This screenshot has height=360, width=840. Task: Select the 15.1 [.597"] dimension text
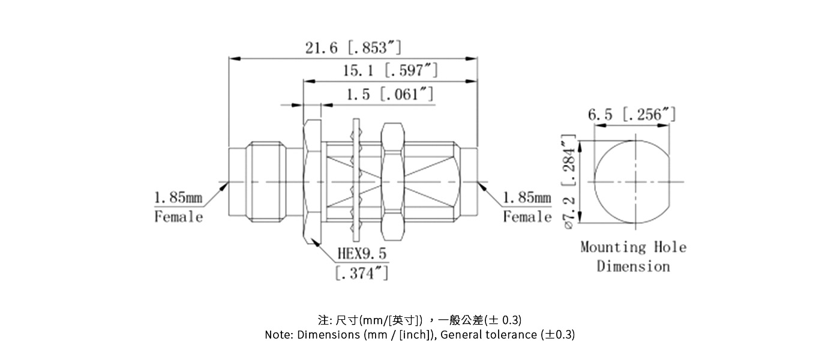(390, 71)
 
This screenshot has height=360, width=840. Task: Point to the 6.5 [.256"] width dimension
(632, 115)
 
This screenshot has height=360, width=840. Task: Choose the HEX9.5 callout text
(362, 254)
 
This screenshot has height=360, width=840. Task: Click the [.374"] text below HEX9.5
(361, 274)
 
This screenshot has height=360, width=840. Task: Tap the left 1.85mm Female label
(179, 207)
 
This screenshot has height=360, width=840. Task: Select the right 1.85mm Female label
(527, 207)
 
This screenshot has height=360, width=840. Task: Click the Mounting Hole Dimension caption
(633, 256)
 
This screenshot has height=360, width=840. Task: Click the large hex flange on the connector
(312, 182)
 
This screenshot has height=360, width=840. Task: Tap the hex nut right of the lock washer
(392, 182)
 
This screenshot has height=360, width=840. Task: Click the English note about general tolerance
(419, 335)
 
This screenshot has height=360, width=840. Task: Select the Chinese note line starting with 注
(419, 320)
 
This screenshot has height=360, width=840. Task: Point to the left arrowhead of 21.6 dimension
(235, 59)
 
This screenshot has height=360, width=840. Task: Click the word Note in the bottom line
(278, 335)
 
